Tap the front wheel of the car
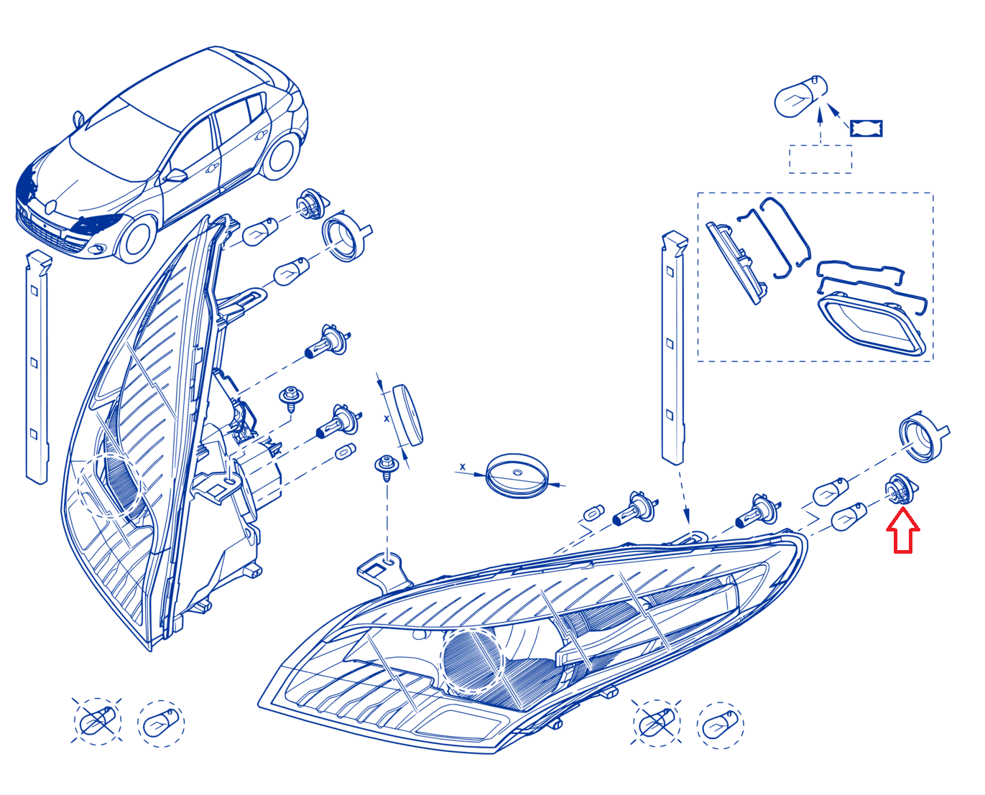pos(137,239)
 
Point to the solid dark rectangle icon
pos(866,128)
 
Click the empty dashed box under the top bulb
pos(820,159)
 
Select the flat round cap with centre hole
pos(517,475)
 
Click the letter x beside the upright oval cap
pos(387,418)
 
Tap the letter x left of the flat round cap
pos(462,467)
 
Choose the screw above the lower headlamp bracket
pos(387,468)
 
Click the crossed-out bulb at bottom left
pos(97,721)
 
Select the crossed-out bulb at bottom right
pos(656,723)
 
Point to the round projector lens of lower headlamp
pos(472,660)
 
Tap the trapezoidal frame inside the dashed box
pos(871,324)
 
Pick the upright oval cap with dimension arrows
pos(407,414)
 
